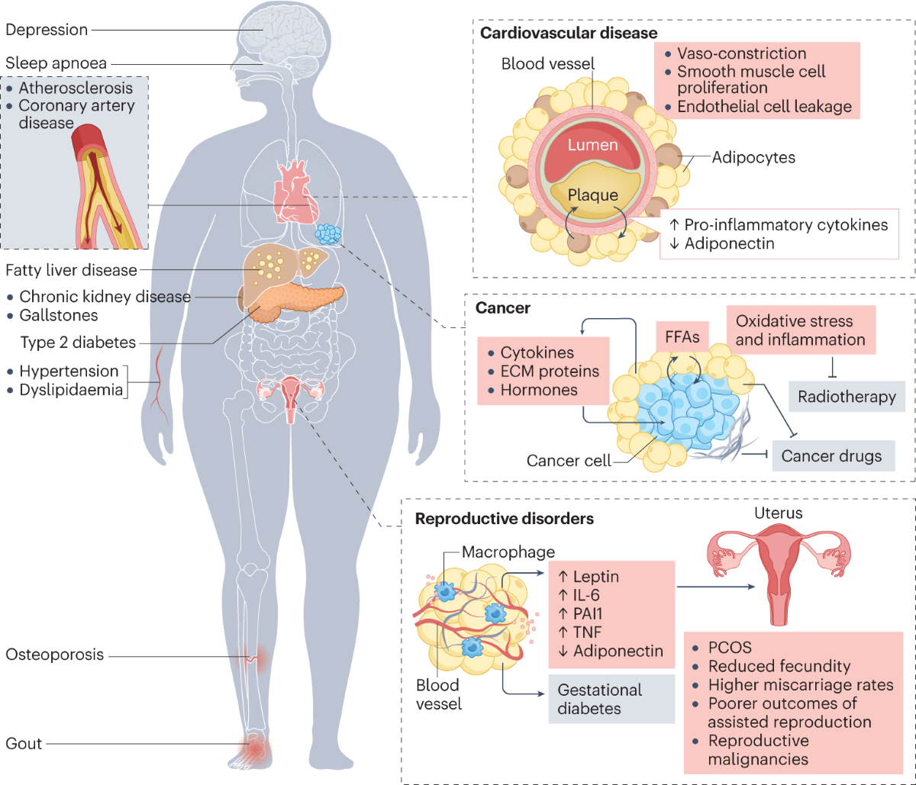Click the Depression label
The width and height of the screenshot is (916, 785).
click(47, 30)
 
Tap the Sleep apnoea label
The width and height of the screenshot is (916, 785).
click(56, 63)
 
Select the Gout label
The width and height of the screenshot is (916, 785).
click(24, 743)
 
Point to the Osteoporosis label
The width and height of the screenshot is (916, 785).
click(54, 655)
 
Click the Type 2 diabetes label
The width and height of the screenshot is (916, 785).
click(78, 342)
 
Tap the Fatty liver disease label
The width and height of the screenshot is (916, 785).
click(71, 270)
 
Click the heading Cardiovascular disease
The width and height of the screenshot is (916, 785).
click(569, 33)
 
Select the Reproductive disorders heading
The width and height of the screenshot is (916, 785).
click(505, 518)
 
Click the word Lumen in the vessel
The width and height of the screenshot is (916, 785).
click(592, 145)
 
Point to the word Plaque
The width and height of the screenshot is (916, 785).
click(592, 195)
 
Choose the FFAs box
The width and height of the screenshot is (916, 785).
click(682, 336)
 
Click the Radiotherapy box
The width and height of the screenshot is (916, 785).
click(847, 397)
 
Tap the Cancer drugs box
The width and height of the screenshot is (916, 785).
click(833, 455)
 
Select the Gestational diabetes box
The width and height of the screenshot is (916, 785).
click(611, 699)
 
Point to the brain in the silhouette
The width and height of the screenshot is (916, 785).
click(284, 37)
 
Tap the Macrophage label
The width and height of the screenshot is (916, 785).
click(508, 552)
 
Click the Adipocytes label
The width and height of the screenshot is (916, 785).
click(753, 157)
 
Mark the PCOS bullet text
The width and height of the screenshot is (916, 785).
click(730, 647)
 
